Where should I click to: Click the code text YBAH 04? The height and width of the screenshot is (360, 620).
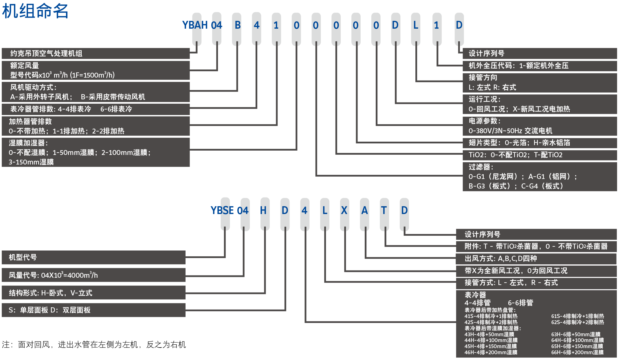pyautogui.click(x=202, y=25)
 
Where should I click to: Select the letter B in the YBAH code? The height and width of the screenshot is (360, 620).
pyautogui.click(x=237, y=25)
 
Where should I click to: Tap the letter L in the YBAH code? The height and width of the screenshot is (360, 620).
pyautogui.click(x=416, y=25)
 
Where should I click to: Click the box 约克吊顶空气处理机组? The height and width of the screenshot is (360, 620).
pyautogui.click(x=96, y=54)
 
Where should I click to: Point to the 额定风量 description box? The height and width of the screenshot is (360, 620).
pyautogui.click(x=96, y=70)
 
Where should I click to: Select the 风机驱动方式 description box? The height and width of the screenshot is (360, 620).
pyautogui.click(x=96, y=92)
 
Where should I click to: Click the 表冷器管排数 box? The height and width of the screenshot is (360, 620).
pyautogui.click(x=96, y=109)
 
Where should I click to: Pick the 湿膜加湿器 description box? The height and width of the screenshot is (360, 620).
pyautogui.click(x=96, y=152)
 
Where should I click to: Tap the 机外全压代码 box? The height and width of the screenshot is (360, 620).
pyautogui.click(x=540, y=66)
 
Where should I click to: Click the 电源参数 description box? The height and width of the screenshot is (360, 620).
pyautogui.click(x=540, y=126)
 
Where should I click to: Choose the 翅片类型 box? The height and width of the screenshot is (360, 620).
pyautogui.click(x=540, y=143)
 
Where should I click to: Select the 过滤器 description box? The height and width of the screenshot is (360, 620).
pyautogui.click(x=540, y=176)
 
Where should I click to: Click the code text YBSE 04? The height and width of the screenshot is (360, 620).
pyautogui.click(x=229, y=211)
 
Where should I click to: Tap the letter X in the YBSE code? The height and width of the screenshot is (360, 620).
pyautogui.click(x=344, y=211)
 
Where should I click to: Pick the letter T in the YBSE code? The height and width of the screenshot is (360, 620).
pyautogui.click(x=384, y=211)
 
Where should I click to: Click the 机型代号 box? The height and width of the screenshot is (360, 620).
pyautogui.click(x=93, y=257)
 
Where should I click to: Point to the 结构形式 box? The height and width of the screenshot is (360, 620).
pyautogui.click(x=93, y=293)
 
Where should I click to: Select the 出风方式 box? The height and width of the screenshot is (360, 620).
pyautogui.click(x=536, y=258)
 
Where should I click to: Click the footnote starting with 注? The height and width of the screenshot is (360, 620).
pyautogui.click(x=94, y=345)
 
